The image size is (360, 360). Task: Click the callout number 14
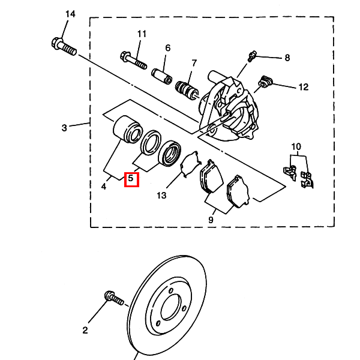click(x=70, y=14)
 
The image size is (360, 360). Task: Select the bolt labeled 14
click(x=64, y=47)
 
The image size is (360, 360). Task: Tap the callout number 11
click(x=142, y=34)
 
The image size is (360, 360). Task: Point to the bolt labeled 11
click(x=133, y=60)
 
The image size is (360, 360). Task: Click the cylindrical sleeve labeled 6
click(x=162, y=76)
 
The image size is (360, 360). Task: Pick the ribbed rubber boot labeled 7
click(x=187, y=90)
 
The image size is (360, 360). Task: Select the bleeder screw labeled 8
click(x=252, y=56)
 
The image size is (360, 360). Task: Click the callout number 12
click(x=304, y=87)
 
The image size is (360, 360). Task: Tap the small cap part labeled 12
click(x=266, y=82)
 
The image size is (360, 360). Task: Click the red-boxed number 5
click(x=131, y=179)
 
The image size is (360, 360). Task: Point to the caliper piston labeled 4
click(x=127, y=130)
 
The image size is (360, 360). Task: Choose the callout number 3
click(x=65, y=128)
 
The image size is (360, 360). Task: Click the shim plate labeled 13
click(x=191, y=164)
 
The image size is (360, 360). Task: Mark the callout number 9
click(x=211, y=220)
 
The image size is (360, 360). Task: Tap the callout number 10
click(x=296, y=146)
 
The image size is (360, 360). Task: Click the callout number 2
click(x=85, y=330)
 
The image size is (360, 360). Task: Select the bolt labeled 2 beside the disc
click(x=114, y=298)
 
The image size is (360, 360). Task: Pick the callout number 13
click(x=161, y=196)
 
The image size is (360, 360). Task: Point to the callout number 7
click(x=194, y=63)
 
